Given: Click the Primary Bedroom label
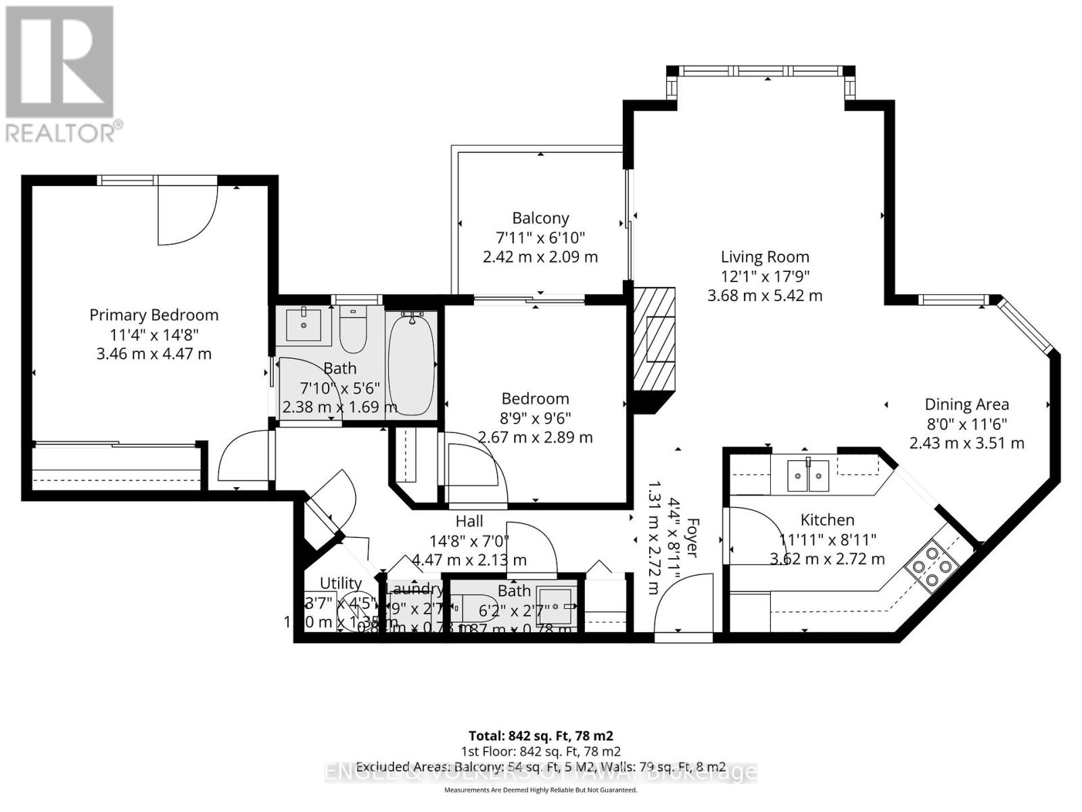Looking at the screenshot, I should [154, 315].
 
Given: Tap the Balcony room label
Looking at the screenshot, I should [540, 219].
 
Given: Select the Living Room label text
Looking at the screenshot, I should [765, 257].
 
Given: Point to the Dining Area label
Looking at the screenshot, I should [966, 405].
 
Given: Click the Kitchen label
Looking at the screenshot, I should [827, 520].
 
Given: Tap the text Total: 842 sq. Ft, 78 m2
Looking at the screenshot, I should [541, 736].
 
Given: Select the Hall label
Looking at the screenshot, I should [469, 521].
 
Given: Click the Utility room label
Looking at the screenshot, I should [341, 583].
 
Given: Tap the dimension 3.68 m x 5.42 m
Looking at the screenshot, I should [765, 296].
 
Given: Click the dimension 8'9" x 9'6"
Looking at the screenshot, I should [535, 418].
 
